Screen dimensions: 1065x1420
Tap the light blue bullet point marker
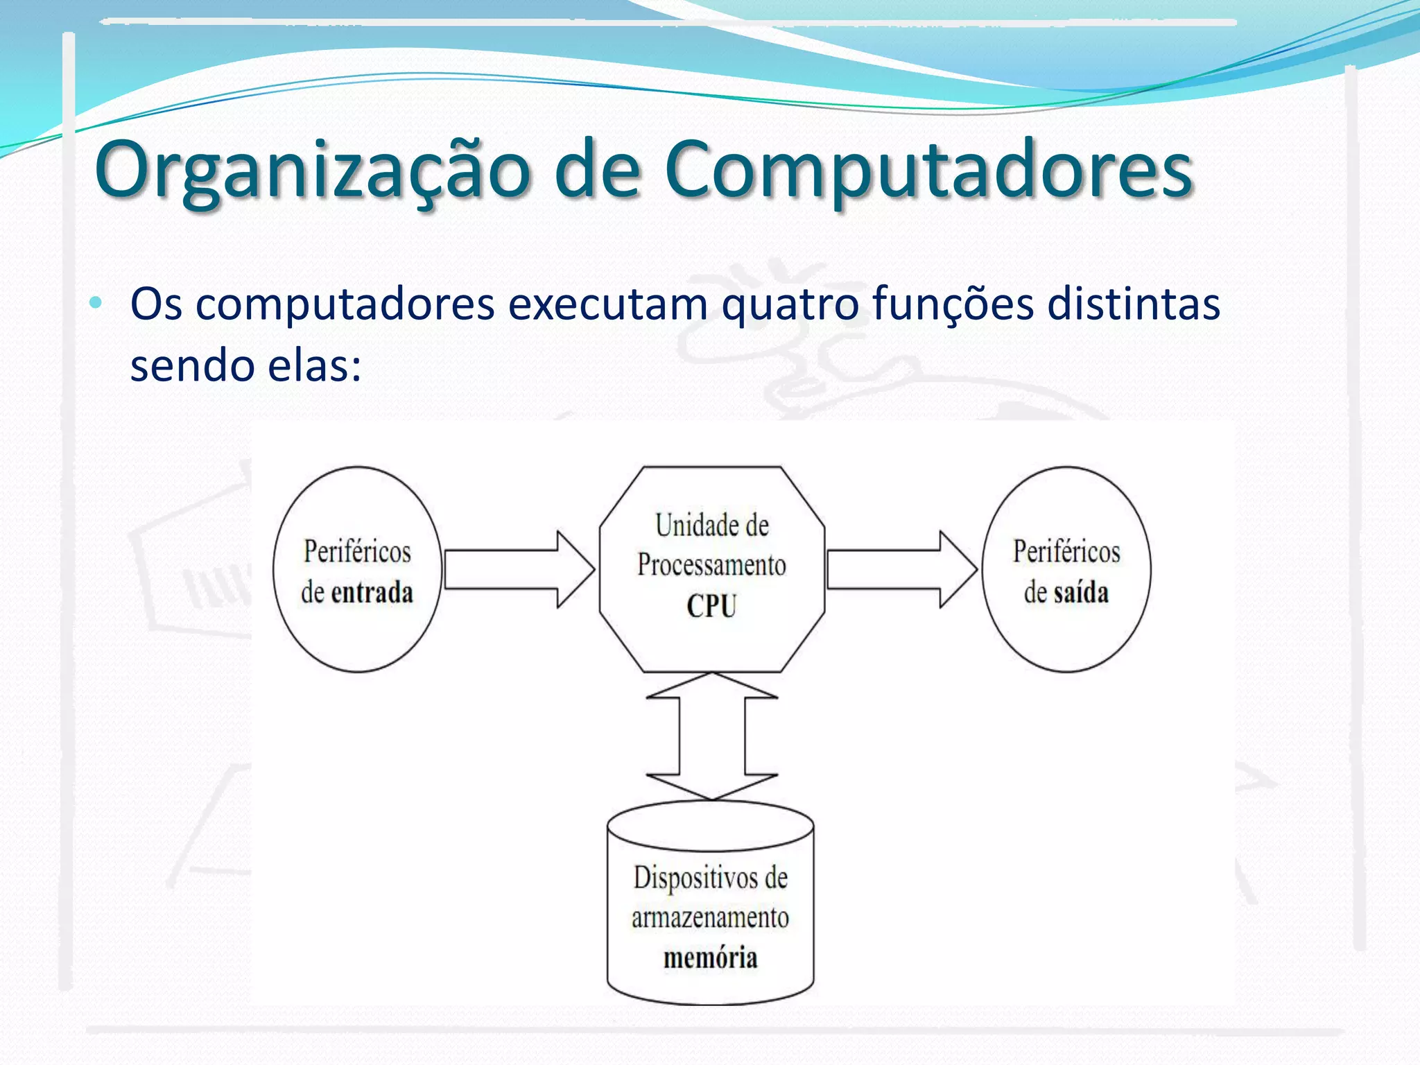point(96,303)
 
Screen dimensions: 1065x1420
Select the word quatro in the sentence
point(790,305)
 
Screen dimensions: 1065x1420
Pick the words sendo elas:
point(245,365)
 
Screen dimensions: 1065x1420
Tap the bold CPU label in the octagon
point(711,606)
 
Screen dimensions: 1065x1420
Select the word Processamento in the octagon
point(711,565)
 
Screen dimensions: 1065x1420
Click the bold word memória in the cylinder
point(710,958)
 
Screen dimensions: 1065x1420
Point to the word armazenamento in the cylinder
point(710,918)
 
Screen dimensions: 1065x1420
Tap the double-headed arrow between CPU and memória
point(711,736)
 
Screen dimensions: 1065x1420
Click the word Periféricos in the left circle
point(357,552)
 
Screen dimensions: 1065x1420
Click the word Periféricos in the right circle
point(1066,552)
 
